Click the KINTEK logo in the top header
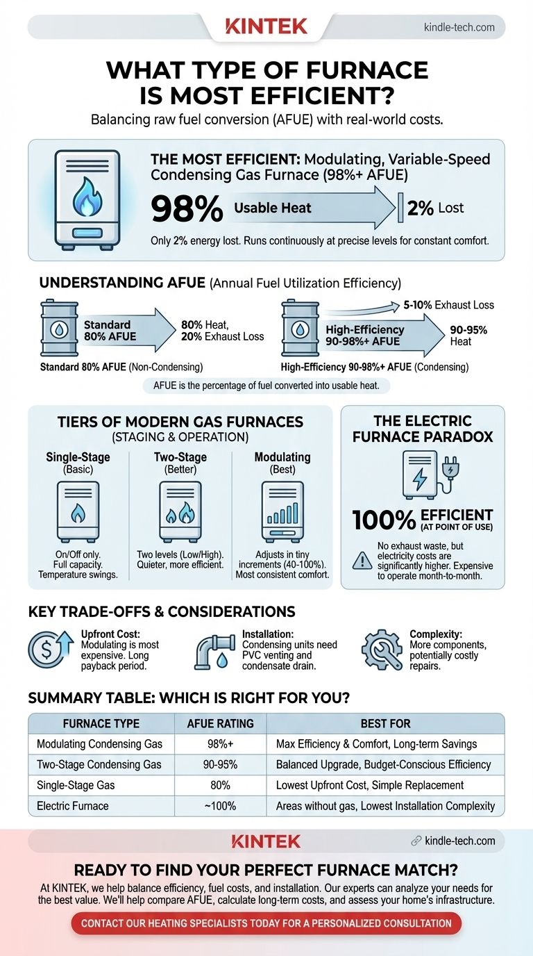[266, 27]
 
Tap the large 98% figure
[186, 209]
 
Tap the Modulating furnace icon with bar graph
[282, 511]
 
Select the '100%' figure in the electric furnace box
[384, 521]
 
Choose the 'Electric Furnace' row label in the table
[74, 806]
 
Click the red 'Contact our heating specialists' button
[266, 923]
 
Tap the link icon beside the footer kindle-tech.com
[416, 841]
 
